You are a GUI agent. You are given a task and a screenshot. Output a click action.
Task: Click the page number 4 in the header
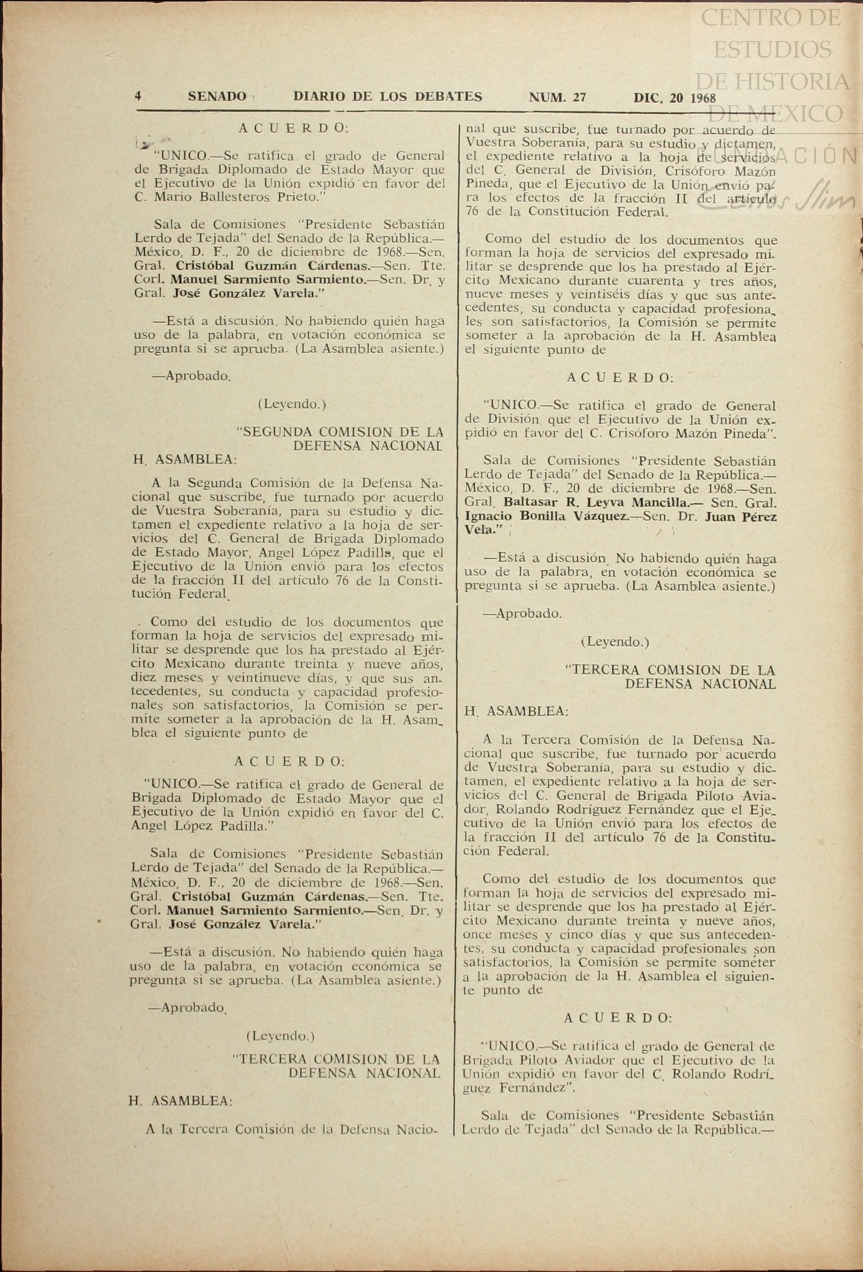[138, 96]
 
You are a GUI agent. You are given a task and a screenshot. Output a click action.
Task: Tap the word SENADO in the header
[217, 96]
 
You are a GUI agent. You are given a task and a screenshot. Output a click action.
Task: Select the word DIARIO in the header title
[318, 96]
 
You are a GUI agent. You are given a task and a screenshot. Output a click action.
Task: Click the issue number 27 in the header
[579, 97]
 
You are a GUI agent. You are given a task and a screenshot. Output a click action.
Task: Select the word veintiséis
[584, 295]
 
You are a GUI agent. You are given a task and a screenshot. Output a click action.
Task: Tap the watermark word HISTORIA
[772, 81]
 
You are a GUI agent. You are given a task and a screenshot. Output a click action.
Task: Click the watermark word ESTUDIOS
[772, 50]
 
